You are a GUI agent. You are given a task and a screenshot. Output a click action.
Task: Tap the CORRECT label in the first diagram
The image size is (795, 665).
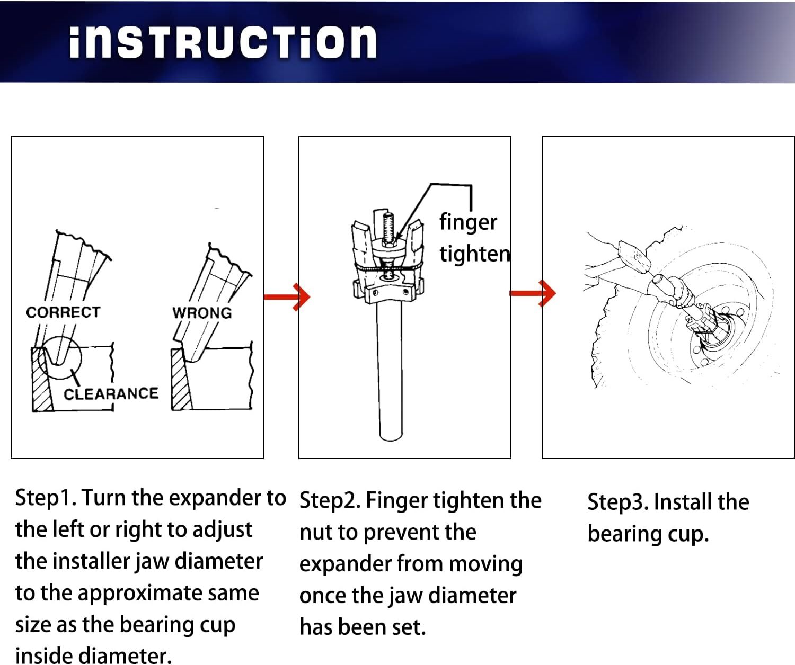[x=63, y=312]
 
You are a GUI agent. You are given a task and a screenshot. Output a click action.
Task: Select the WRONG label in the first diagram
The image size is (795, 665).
[x=202, y=313]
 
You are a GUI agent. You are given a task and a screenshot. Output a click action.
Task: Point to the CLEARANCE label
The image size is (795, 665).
[x=111, y=394]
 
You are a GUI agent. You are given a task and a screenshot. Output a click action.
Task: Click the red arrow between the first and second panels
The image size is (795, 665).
[x=287, y=296]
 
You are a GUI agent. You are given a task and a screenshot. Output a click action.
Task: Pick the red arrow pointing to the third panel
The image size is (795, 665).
[x=533, y=293]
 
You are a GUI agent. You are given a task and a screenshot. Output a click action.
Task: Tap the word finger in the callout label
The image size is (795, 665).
[x=468, y=222]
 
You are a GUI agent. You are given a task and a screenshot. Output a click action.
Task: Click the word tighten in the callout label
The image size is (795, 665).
[x=475, y=254]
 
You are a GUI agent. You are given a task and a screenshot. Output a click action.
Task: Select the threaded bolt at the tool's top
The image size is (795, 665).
[x=387, y=228]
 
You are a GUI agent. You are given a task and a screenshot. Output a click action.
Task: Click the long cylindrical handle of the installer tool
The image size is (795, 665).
[x=390, y=371]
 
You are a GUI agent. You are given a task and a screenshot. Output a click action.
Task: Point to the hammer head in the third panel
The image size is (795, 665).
[x=634, y=257]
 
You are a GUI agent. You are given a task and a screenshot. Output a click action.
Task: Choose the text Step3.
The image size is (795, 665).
[x=618, y=502]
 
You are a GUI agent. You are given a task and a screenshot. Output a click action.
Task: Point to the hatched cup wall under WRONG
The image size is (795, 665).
[x=181, y=380]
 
